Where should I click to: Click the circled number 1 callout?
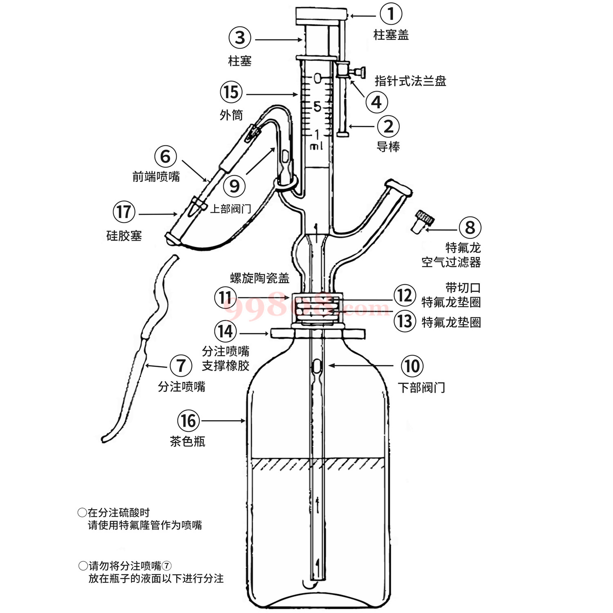click(391, 14)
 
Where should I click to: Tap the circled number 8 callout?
click(470, 228)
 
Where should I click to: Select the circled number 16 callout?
click(188, 421)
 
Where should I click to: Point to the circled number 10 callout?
click(412, 366)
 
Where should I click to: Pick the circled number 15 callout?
click(231, 92)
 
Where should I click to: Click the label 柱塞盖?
click(391, 35)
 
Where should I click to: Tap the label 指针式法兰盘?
click(410, 81)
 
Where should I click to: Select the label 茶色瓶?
click(188, 441)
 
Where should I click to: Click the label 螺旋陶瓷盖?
click(260, 278)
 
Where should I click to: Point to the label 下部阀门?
click(421, 387)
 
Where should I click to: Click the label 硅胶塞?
click(124, 236)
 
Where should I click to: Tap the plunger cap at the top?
click(321, 16)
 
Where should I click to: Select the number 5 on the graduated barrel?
click(317, 107)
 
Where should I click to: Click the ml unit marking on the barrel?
click(316, 146)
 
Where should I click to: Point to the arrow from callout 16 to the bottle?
click(223, 421)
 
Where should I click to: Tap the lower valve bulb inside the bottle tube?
click(317, 366)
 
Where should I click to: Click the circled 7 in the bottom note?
click(167, 566)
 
